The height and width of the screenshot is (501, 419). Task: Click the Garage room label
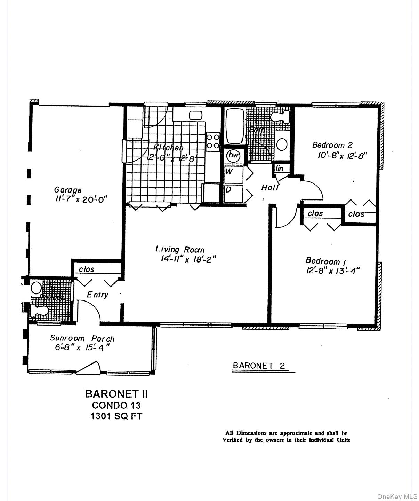point(68,190)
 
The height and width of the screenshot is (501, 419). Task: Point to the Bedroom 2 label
point(332,145)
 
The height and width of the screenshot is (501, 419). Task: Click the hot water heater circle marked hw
point(233,155)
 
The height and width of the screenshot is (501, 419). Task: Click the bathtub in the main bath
point(235,125)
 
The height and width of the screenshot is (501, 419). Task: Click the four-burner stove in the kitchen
point(213,141)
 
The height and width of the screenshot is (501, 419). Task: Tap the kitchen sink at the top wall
point(196,115)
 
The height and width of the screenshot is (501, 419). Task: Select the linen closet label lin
point(280,169)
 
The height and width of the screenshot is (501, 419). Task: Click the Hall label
point(270,188)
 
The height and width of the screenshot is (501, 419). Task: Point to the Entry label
point(97,295)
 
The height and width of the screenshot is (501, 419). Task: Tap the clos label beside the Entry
point(86,269)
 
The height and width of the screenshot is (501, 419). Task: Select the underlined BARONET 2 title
point(259,366)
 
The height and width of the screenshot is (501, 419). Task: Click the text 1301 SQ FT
point(116,416)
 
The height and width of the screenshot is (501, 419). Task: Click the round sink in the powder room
point(36,288)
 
